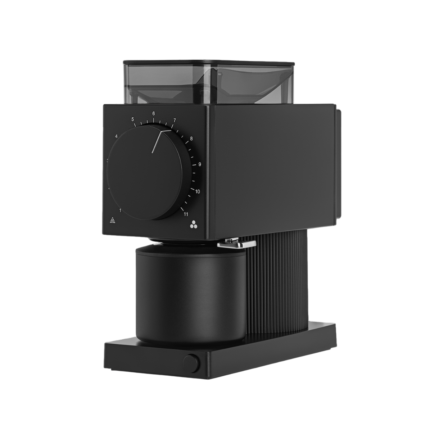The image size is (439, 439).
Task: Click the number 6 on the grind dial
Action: pos(154,113)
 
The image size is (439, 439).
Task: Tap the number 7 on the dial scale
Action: pos(175,120)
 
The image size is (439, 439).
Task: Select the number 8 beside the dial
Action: pos(191,138)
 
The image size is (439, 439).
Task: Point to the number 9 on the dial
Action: pos(199,164)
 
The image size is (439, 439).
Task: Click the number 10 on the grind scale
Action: pos(198,191)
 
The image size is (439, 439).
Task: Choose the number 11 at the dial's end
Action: pos(186,214)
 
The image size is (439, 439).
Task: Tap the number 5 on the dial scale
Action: pos(133,119)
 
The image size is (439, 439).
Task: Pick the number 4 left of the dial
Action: pos(116,136)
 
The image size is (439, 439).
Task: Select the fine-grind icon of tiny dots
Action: pos(112,220)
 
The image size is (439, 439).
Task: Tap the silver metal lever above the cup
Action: pos(234,244)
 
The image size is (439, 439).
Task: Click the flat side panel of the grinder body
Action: pos(273,162)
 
